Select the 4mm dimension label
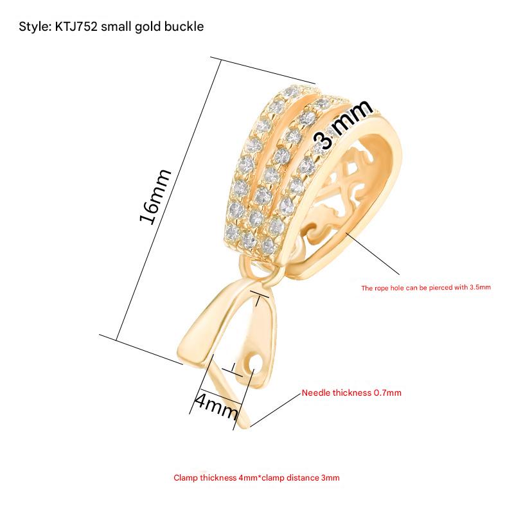(x=217, y=405)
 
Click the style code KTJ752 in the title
(x=76, y=27)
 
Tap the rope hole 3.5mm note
(x=426, y=287)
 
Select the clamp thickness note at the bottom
(x=256, y=478)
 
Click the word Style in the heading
(x=31, y=27)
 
